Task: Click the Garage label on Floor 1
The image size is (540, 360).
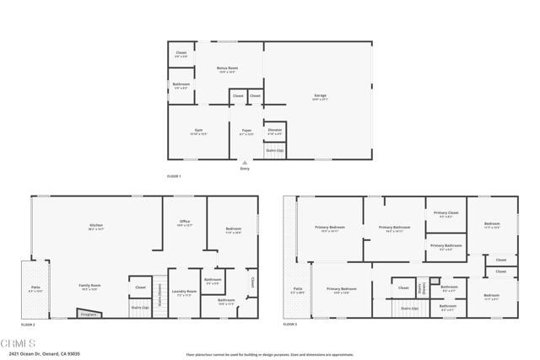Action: pyautogui.click(x=319, y=98)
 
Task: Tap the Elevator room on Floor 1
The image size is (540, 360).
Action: pyautogui.click(x=274, y=131)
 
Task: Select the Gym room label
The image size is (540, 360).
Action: pyautogui.click(x=198, y=131)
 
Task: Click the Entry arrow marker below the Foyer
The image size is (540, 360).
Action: pyautogui.click(x=245, y=163)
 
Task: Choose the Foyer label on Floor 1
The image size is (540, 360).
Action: pyautogui.click(x=246, y=131)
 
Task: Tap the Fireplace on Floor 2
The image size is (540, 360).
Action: pyautogui.click(x=87, y=314)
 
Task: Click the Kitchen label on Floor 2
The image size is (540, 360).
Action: pyautogui.click(x=96, y=226)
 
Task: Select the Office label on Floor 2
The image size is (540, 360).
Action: pyautogui.click(x=184, y=223)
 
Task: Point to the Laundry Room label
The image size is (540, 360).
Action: pyautogui.click(x=184, y=294)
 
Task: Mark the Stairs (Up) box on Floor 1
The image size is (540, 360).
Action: pyautogui.click(x=275, y=150)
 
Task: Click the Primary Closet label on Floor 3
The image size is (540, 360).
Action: pyautogui.click(x=446, y=213)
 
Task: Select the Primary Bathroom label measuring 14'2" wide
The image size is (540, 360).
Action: pyautogui.click(x=394, y=228)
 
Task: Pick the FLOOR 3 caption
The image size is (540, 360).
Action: pyautogui.click(x=290, y=324)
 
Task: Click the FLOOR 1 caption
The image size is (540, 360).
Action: pyautogui.click(x=175, y=175)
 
